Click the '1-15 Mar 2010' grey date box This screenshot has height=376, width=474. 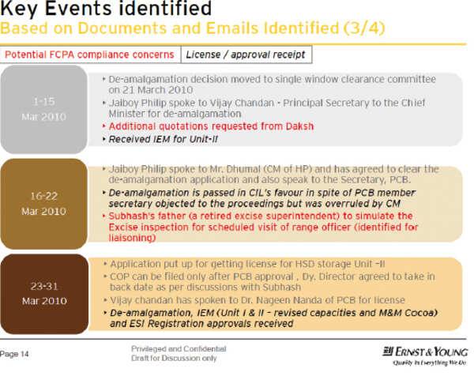(x=44, y=110)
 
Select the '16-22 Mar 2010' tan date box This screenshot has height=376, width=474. (x=44, y=204)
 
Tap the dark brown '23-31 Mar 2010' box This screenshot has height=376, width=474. (x=44, y=294)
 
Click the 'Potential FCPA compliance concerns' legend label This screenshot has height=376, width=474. (x=89, y=55)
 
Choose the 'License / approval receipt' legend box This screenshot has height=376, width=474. (x=246, y=55)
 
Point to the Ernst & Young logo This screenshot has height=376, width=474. (x=425, y=352)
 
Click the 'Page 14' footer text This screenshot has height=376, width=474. (x=14, y=354)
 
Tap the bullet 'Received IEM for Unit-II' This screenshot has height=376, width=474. (x=164, y=139)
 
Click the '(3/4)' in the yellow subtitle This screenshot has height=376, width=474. (x=364, y=28)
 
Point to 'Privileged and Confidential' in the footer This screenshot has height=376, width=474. (x=179, y=349)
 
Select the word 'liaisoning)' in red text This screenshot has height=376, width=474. (x=133, y=238)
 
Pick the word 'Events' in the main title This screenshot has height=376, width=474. (x=80, y=8)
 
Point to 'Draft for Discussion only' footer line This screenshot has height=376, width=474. (x=174, y=358)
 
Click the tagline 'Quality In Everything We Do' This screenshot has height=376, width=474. (x=430, y=363)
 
